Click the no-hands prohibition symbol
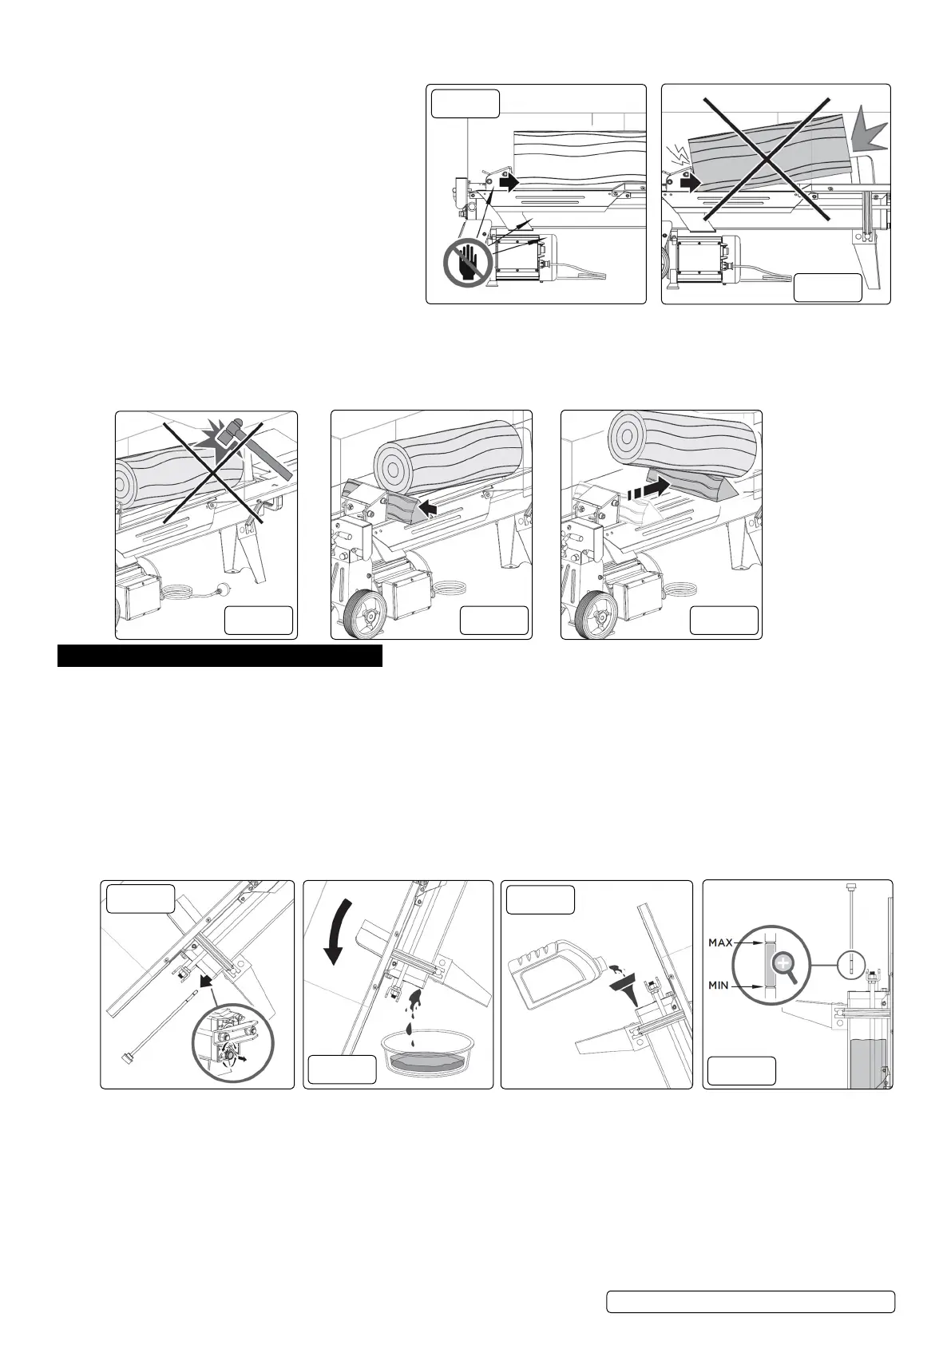click(467, 263)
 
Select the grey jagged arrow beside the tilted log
click(866, 133)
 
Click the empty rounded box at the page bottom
click(750, 1301)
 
